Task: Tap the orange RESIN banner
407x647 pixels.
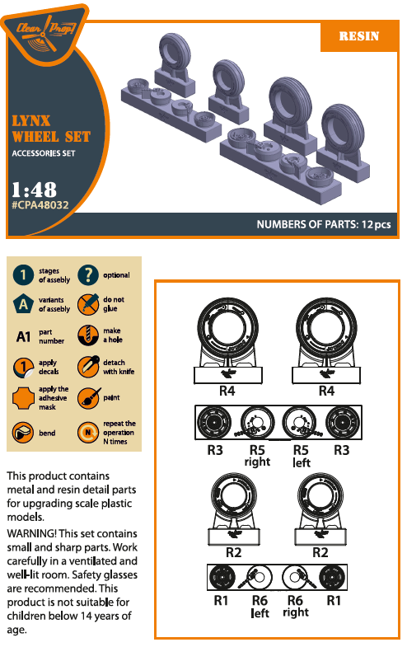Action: tap(358, 36)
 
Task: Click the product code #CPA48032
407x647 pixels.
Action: tap(40, 205)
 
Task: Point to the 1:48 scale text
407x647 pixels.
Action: tap(34, 190)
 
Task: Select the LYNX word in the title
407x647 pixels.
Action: tap(31, 121)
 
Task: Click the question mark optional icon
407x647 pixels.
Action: tap(88, 274)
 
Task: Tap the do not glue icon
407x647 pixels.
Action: tap(88, 304)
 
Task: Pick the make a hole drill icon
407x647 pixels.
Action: tap(88, 335)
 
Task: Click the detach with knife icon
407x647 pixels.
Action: tap(88, 367)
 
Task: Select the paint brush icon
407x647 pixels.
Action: tap(88, 398)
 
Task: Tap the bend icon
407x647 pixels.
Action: tap(23, 433)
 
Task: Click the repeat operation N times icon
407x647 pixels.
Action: tap(88, 433)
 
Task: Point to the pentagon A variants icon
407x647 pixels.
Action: tap(23, 304)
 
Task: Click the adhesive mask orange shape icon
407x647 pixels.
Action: tap(23, 398)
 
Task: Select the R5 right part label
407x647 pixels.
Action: tap(257, 456)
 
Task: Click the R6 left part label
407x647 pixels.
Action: tap(260, 606)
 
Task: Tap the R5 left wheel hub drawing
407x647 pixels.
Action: tap(298, 423)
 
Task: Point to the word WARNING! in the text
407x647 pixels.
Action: tap(32, 533)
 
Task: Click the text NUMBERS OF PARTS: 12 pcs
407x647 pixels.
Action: tap(324, 224)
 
